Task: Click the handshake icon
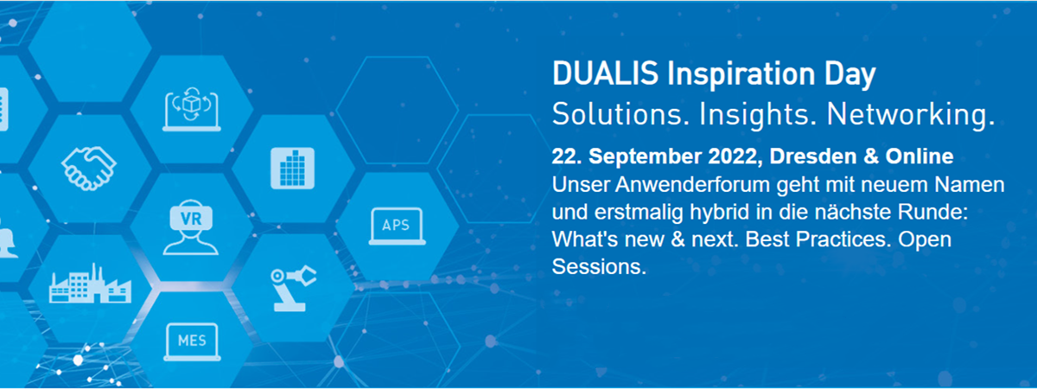tap(89, 168)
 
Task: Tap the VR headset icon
tap(191, 226)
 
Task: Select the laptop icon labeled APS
tap(398, 226)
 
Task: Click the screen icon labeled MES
tap(192, 341)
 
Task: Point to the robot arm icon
tap(294, 288)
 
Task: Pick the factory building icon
tap(90, 284)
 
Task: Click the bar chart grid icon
tap(293, 168)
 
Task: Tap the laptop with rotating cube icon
tap(192, 109)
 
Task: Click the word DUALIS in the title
tap(605, 73)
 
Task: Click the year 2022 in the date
tap(735, 156)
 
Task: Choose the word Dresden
tap(813, 156)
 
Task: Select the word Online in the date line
tap(919, 156)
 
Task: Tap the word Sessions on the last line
tap(599, 267)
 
